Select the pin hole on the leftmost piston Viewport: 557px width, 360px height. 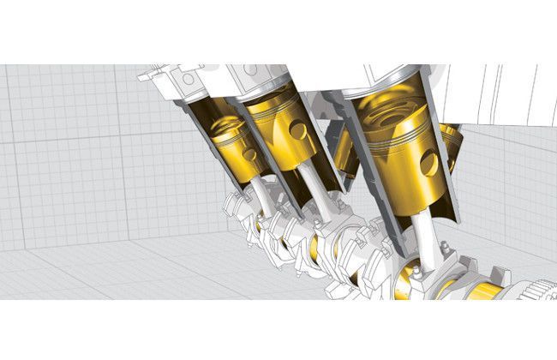[x=249, y=155]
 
